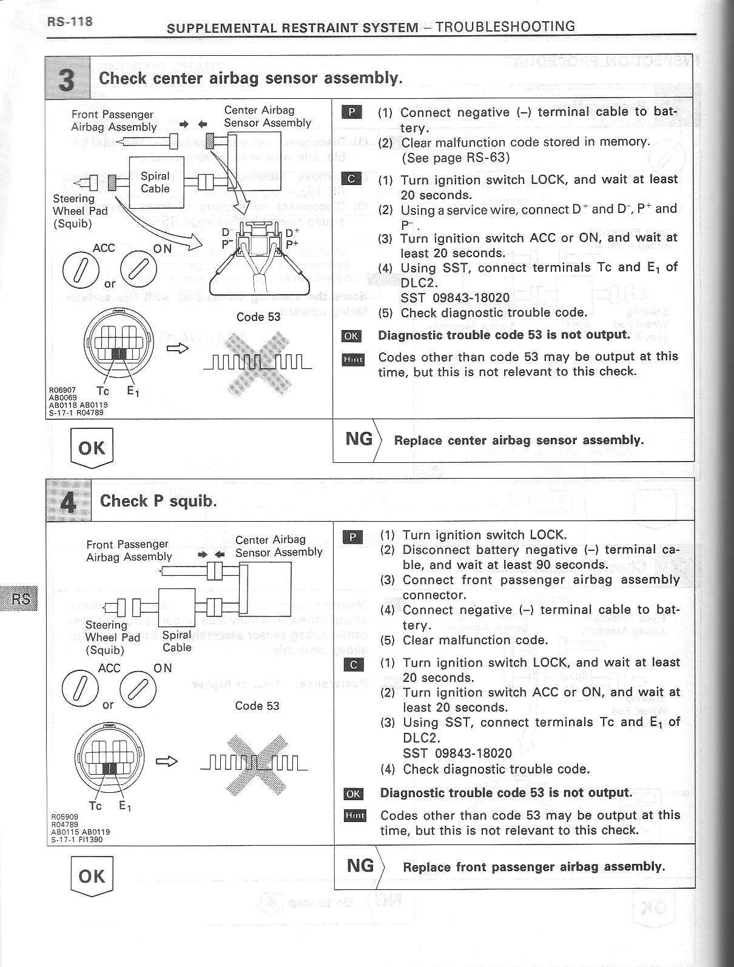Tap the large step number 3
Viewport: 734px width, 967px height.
67,78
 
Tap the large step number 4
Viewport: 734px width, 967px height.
69,501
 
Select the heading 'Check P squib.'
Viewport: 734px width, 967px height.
158,501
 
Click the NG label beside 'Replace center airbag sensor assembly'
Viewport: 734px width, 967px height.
359,439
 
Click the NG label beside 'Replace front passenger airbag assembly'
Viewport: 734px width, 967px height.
360,865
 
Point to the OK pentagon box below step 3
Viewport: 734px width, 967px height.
92,448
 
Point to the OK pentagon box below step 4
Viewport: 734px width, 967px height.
92,876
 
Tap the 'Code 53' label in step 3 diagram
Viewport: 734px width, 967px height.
258,317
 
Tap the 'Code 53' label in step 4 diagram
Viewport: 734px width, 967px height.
257,706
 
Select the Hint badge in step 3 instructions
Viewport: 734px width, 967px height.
352,360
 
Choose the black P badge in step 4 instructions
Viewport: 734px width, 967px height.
353,537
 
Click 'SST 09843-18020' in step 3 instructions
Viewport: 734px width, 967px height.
455,298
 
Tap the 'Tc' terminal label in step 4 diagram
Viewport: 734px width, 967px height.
95,806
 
